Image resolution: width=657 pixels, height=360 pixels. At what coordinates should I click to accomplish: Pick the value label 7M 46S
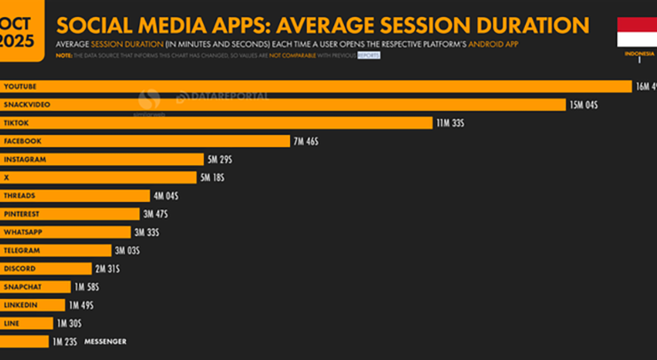click(306, 141)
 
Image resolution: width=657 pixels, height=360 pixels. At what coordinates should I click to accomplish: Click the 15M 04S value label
click(583, 105)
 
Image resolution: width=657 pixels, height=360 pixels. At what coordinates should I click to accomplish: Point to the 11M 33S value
click(450, 122)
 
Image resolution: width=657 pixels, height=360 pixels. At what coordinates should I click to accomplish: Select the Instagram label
click(25, 159)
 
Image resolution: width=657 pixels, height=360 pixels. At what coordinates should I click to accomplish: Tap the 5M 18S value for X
click(211, 177)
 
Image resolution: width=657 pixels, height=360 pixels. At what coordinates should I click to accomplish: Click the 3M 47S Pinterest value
click(155, 214)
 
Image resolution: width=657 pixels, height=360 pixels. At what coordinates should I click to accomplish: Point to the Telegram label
click(22, 250)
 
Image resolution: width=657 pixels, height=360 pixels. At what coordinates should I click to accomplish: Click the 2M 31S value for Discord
click(106, 269)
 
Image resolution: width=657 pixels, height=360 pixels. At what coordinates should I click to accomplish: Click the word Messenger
click(105, 341)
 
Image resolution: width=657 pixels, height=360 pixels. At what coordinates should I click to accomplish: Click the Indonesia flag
click(637, 33)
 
